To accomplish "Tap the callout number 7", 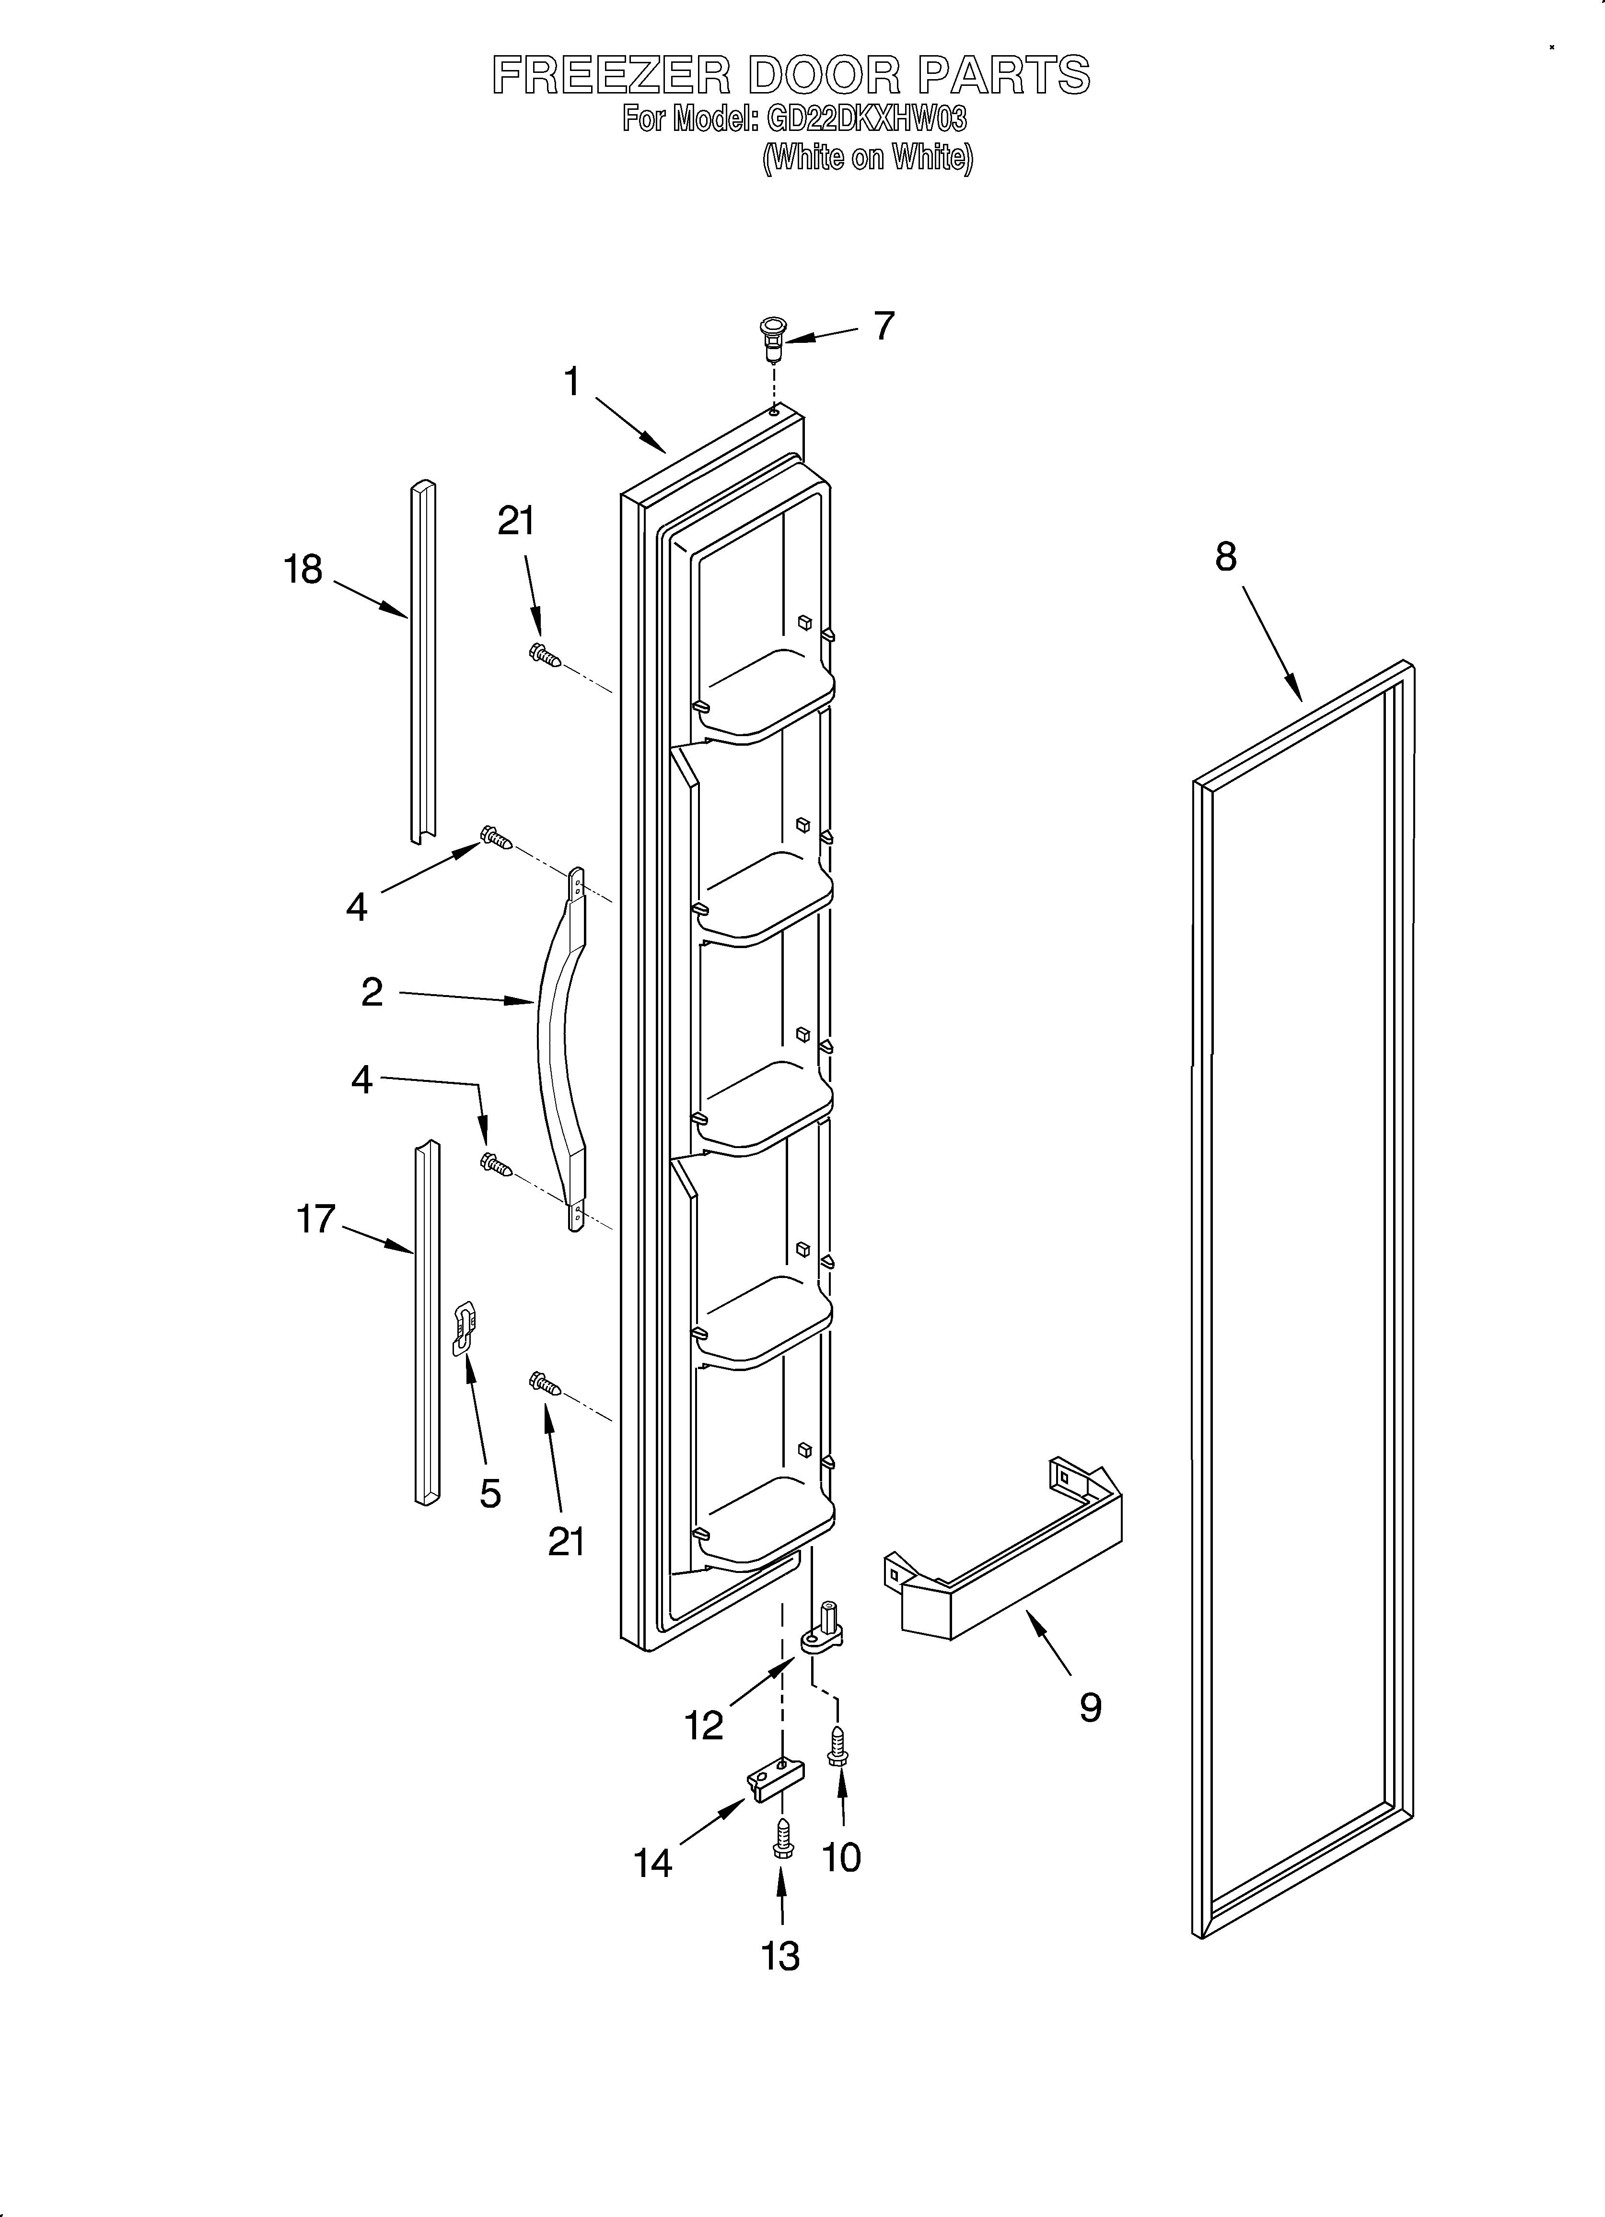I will point(884,326).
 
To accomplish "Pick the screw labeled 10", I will point(837,1746).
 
